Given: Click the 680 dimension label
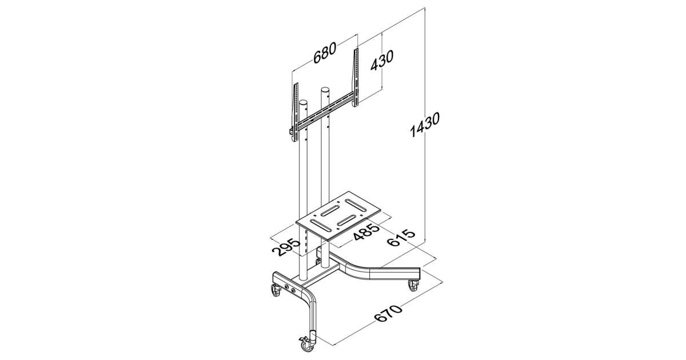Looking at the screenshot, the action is (x=325, y=53).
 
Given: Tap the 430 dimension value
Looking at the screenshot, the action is (x=382, y=65).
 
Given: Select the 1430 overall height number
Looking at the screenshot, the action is (x=425, y=125).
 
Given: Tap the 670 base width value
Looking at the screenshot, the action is (x=388, y=314).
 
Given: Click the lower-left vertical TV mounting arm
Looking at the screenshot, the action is (x=81, y=113).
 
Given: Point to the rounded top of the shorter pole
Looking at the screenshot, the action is (x=89, y=102).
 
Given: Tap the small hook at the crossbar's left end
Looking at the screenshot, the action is (x=76, y=131).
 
